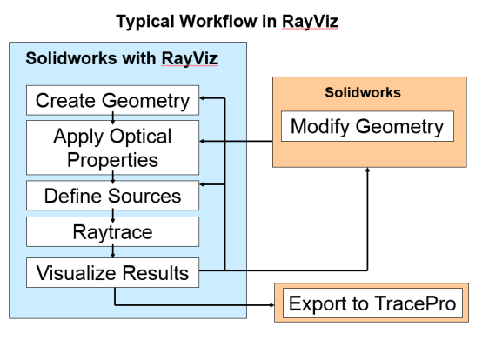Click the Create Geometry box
click(x=112, y=100)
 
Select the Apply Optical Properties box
click(x=112, y=148)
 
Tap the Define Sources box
click(x=112, y=196)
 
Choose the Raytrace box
click(x=112, y=231)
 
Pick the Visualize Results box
click(x=112, y=272)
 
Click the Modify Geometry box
click(x=367, y=126)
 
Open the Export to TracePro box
click(x=372, y=303)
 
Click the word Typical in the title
click(x=145, y=22)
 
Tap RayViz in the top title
click(x=310, y=22)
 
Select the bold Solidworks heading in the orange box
click(x=363, y=92)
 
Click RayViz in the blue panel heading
click(x=190, y=58)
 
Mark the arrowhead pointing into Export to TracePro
click(x=272, y=305)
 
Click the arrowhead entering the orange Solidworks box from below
click(x=368, y=170)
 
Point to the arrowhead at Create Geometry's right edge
click(x=202, y=98)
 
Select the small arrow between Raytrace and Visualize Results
click(x=113, y=252)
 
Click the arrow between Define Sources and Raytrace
click(x=113, y=214)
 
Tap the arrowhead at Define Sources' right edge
click(x=202, y=184)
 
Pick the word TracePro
click(x=415, y=303)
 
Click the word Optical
click(x=140, y=137)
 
